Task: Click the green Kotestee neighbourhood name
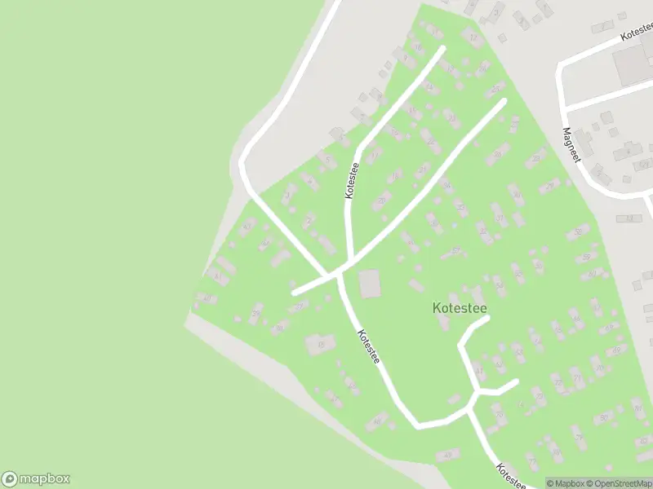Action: coord(459,308)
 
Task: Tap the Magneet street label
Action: coord(571,144)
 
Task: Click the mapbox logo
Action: coord(36,479)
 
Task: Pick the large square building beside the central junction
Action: coord(370,284)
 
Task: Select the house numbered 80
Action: coord(604,417)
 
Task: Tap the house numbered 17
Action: coord(473,37)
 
